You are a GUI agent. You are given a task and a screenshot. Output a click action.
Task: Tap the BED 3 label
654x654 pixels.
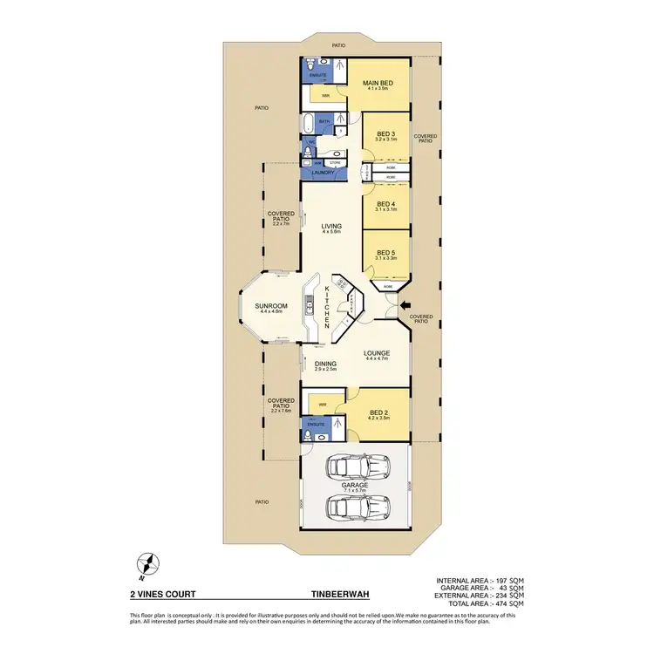coord(386,133)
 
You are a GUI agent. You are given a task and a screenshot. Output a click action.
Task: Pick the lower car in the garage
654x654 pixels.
coord(354,507)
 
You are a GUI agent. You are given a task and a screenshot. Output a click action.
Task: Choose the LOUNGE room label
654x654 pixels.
coord(376,353)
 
